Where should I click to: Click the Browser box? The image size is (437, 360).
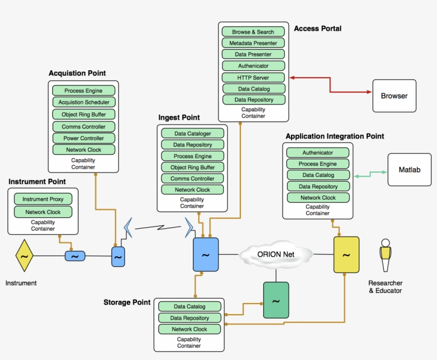(394, 96)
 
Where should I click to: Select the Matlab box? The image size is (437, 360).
(409, 170)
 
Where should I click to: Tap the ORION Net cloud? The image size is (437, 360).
(276, 255)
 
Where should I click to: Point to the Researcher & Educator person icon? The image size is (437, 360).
(385, 257)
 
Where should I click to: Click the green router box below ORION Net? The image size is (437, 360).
(276, 300)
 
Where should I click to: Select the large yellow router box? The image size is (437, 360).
(346, 255)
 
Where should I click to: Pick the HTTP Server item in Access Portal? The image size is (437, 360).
(253, 78)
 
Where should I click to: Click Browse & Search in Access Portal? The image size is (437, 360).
(253, 32)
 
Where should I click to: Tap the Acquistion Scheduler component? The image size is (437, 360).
(84, 102)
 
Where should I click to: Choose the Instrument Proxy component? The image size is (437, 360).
(43, 199)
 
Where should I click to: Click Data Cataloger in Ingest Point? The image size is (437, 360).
(192, 134)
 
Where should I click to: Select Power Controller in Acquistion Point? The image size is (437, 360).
(84, 138)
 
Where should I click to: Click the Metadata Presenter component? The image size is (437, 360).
(253, 43)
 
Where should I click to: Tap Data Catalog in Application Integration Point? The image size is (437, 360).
(318, 175)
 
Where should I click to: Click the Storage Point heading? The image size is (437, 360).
(127, 302)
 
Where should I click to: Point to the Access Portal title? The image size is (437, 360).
(318, 28)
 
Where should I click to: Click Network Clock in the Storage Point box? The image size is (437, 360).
(189, 329)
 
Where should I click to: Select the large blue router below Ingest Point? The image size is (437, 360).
(205, 255)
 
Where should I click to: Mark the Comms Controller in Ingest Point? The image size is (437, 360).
(192, 178)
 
